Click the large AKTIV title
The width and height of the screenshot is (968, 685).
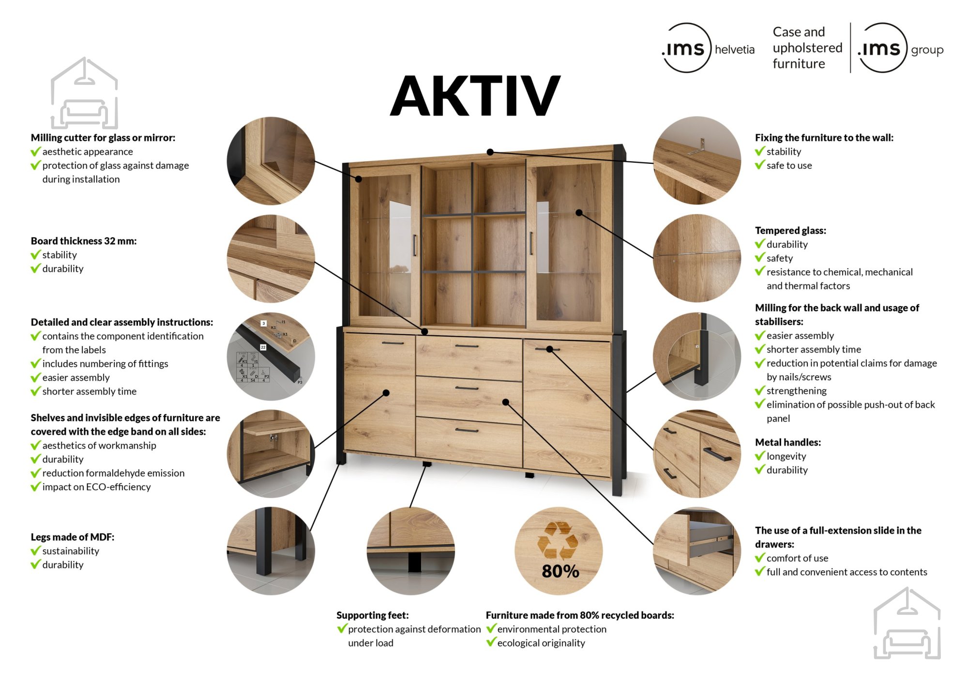click(475, 96)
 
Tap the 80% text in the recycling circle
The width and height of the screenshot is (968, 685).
click(560, 571)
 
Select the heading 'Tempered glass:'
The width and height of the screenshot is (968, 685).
click(790, 231)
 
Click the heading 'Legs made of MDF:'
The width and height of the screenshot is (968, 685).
click(73, 537)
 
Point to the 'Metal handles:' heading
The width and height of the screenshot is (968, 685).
click(787, 442)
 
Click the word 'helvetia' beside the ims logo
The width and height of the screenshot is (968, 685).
click(734, 49)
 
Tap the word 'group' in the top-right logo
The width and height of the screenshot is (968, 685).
click(927, 50)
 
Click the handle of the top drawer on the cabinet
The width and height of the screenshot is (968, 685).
click(467, 346)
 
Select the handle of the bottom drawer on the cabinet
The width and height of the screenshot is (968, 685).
click(467, 430)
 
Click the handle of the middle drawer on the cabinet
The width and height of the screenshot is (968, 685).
click(467, 388)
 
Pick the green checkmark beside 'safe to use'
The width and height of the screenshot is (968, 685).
click(760, 165)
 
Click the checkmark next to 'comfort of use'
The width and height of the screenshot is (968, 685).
click(760, 558)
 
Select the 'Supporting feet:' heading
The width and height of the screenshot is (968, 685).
click(372, 615)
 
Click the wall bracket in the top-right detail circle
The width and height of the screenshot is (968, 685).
click(697, 146)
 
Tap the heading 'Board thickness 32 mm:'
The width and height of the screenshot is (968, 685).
click(84, 241)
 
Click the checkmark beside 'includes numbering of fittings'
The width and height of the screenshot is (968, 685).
click(35, 363)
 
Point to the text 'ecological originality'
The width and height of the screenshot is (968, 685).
click(541, 643)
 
